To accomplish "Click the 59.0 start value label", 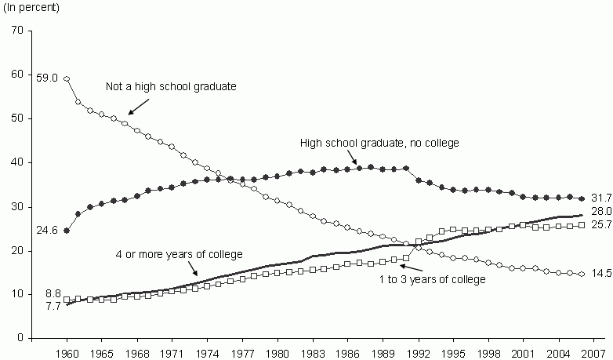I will pos(47,77).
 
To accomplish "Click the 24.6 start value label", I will pos(46,231).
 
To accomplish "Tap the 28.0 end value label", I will pos(602,213).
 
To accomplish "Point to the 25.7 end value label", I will pos(602,225).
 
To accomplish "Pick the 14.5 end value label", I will pos(602,274).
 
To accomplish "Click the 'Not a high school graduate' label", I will pos(171,86).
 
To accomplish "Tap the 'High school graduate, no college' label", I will pos(379,143).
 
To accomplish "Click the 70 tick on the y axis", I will pos(17,31).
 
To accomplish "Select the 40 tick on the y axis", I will pos(17,162).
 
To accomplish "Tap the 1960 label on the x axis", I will pos(67,351).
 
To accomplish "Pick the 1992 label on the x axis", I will pos(418,351).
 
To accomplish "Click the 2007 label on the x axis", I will pos(593,351).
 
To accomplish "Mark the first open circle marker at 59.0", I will pos(67,78).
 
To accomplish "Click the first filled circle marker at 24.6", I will pos(67,231).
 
